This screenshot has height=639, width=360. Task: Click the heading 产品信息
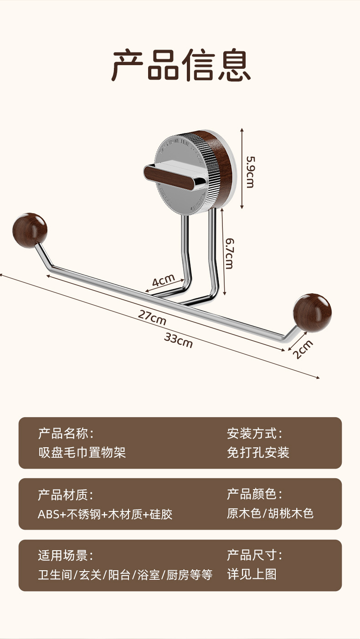[181, 66]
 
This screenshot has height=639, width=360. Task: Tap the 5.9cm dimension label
[250, 172]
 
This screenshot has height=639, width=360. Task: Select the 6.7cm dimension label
[228, 253]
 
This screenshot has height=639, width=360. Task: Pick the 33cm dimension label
[178, 340]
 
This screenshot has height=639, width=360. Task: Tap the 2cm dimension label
[303, 350]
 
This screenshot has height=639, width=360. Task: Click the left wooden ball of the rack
[30, 230]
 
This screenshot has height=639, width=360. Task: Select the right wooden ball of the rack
[312, 312]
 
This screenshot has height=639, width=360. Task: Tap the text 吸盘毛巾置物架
[82, 452]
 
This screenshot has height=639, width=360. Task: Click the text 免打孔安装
[258, 452]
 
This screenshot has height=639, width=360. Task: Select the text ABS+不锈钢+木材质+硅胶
[105, 514]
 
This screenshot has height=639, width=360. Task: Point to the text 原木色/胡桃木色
[270, 513]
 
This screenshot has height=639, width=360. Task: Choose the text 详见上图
[252, 574]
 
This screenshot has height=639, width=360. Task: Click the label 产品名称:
[66, 433]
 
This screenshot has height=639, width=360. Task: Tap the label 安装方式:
[255, 433]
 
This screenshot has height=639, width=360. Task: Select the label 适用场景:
[66, 555]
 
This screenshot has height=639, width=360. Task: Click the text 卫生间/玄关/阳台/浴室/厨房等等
[125, 575]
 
